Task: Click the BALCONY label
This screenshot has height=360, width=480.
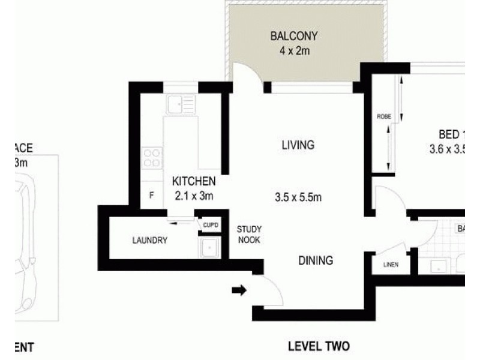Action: point(293,36)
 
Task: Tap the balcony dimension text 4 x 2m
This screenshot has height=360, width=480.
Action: point(293,50)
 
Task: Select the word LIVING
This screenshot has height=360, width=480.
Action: point(298,145)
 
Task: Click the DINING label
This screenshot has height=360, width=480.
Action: point(316,260)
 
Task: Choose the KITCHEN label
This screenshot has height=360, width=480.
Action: point(194,181)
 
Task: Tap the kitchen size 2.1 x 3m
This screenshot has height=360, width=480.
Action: point(194,195)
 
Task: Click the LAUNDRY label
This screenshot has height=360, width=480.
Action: point(150,241)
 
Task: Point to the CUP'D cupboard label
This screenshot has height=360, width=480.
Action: point(211,224)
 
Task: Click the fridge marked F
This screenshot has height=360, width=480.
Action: point(152,195)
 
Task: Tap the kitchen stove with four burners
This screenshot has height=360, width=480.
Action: point(152,157)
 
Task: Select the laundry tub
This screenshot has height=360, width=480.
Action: point(211,247)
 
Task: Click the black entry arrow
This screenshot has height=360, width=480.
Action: point(239,291)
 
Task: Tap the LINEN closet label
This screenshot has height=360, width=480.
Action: point(390,265)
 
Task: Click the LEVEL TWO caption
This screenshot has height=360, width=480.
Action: point(318,346)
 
